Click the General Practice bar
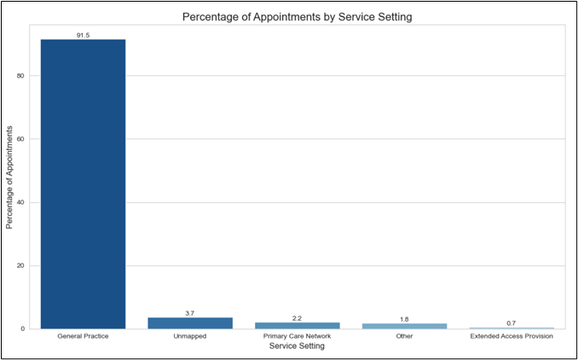point(83,183)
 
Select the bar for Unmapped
point(190,323)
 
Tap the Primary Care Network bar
point(298,325)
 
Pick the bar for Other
point(404,326)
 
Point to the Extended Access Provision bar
point(512,328)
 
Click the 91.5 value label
point(83,34)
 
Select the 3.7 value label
point(190,313)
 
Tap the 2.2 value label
point(298,317)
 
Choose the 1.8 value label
point(404,319)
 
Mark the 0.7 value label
point(512,322)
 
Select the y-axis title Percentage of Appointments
point(11,177)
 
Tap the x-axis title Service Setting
point(297,346)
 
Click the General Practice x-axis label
point(83,336)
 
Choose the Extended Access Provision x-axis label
point(512,336)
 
